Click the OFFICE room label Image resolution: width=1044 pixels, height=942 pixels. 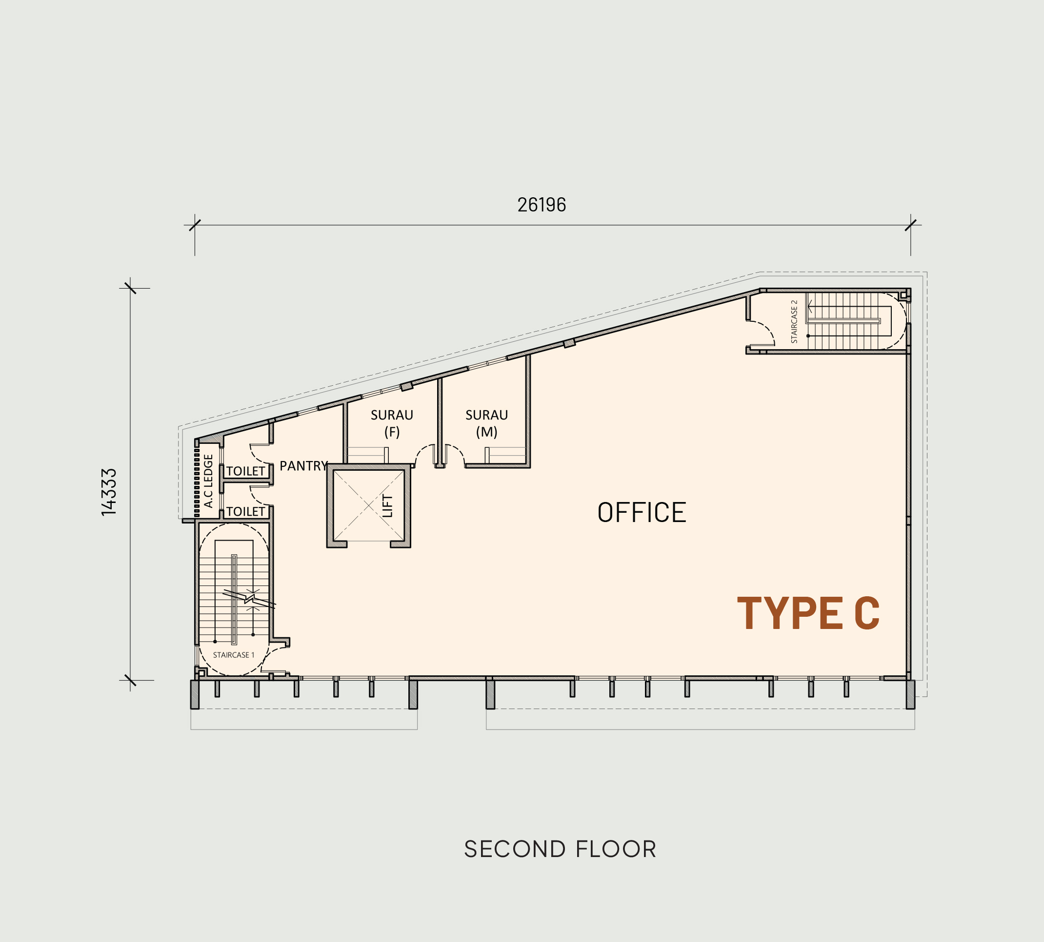(x=642, y=512)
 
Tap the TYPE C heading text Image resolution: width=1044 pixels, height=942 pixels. (x=808, y=613)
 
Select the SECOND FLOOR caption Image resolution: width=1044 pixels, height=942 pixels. (x=560, y=849)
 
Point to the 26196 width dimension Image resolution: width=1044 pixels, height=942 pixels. (x=542, y=205)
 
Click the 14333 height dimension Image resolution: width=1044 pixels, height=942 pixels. (x=109, y=492)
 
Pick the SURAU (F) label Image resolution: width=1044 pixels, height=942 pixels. (x=392, y=423)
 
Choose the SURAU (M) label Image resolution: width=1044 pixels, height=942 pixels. (x=486, y=423)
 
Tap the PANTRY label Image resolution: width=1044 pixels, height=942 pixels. (x=303, y=466)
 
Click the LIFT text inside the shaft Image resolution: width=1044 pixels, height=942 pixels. (x=388, y=506)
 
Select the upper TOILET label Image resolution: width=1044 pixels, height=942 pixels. (x=245, y=471)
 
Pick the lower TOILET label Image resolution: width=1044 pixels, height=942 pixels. (x=245, y=511)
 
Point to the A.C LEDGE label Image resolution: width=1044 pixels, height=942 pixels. (x=208, y=481)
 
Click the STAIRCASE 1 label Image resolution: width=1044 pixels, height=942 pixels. (x=234, y=655)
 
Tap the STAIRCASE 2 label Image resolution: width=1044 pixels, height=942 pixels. (x=794, y=321)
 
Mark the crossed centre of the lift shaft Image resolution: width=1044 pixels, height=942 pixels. (x=368, y=506)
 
